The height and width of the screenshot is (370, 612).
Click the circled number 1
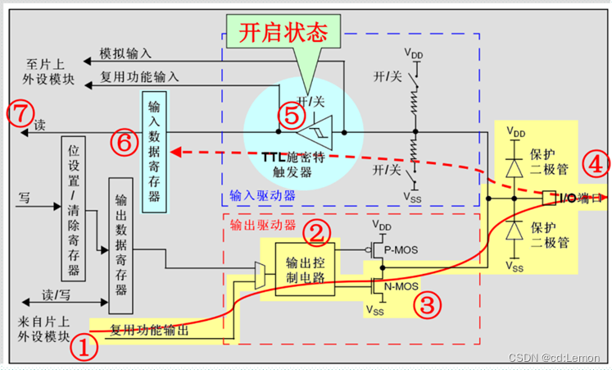click(86, 348)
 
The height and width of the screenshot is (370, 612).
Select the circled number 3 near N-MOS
click(426, 305)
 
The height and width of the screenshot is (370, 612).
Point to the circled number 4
click(596, 164)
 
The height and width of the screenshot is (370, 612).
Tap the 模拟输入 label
click(125, 53)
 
